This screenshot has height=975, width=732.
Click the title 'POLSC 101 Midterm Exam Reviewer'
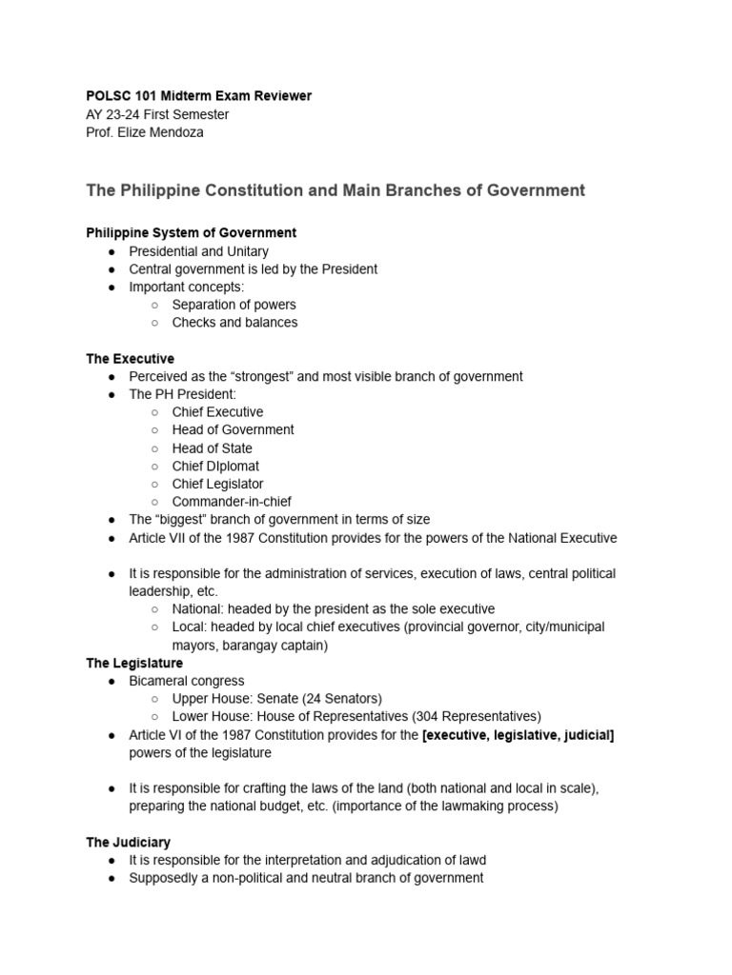pos(198,96)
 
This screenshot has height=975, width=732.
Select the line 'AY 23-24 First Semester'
pos(157,114)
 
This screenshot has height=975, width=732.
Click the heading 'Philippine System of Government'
pos(191,232)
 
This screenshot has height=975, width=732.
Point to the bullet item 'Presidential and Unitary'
pos(198,251)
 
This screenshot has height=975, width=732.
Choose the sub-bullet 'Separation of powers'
pos(234,305)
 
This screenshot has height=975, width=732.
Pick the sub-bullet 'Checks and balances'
pos(234,323)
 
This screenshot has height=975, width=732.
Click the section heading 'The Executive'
pos(130,359)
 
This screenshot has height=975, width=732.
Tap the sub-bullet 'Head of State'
pos(213,448)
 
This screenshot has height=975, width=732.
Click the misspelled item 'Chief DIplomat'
pos(215,467)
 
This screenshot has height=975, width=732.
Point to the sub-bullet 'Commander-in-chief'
pos(232,502)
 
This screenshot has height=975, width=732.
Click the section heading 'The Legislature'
pos(134,663)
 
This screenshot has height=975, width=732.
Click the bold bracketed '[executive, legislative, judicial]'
pos(518,735)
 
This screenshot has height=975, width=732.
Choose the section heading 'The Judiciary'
pos(129,843)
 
